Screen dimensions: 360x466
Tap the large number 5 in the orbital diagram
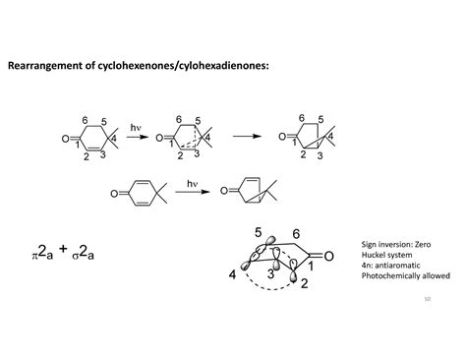(x=258, y=233)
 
